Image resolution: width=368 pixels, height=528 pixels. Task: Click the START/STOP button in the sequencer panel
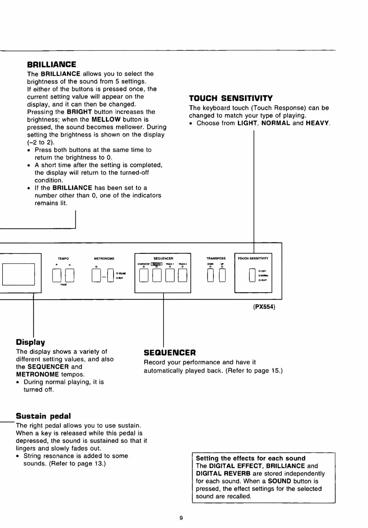tap(144, 275)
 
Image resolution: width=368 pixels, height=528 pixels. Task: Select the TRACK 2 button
tap(182, 275)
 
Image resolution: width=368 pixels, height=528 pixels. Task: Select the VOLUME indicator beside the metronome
tap(117, 273)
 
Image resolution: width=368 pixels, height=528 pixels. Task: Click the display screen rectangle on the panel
tap(18, 274)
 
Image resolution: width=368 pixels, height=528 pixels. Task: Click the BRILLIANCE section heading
tap(51, 65)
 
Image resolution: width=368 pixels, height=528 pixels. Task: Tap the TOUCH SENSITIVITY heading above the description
tap(231, 98)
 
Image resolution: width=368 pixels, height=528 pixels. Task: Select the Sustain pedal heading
tap(43, 416)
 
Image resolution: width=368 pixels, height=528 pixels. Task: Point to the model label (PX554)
tap(264, 307)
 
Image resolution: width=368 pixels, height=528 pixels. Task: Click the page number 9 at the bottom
tap(181, 518)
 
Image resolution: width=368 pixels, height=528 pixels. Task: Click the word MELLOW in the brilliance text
tap(106, 120)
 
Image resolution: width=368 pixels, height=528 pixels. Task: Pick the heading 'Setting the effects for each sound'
tap(251, 458)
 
